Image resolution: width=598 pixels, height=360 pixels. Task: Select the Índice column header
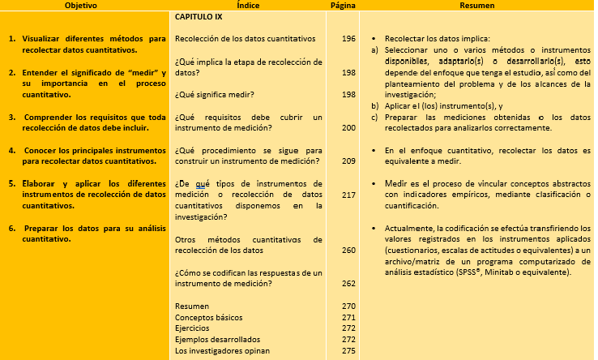pyautogui.click(x=248, y=6)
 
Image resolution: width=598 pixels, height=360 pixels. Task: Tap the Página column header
pyautogui.click(x=344, y=6)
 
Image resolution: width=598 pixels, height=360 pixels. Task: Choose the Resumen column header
pyautogui.click(x=477, y=6)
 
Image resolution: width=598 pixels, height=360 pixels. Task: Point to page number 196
pyautogui.click(x=348, y=38)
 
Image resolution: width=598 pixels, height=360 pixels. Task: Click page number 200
pyautogui.click(x=348, y=128)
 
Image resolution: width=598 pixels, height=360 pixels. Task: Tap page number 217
pyautogui.click(x=348, y=195)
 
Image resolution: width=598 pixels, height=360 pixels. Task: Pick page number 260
pyautogui.click(x=348, y=251)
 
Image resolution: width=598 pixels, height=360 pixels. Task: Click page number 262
pyautogui.click(x=348, y=284)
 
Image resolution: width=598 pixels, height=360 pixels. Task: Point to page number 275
pyautogui.click(x=348, y=350)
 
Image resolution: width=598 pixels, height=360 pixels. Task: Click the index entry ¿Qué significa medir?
pyautogui.click(x=214, y=95)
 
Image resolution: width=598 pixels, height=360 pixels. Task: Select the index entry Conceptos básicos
pyautogui.click(x=208, y=317)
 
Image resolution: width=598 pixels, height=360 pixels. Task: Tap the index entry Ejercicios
pyautogui.click(x=193, y=328)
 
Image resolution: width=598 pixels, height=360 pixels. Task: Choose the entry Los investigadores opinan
pyautogui.click(x=221, y=350)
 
